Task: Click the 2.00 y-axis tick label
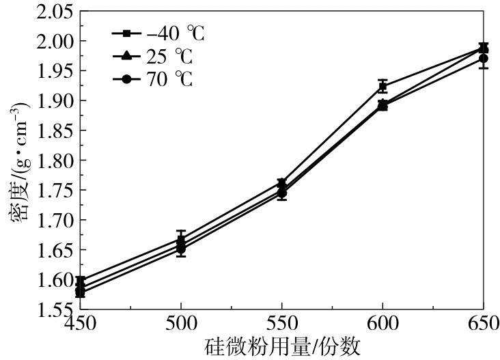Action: pos(53,42)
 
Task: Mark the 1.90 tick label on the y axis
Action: pos(53,101)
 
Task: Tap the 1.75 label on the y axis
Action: pos(53,191)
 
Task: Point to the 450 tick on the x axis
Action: pos(80,323)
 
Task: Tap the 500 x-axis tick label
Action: pos(181,323)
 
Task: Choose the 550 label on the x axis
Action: pos(281,323)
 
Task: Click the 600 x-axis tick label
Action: pos(383,323)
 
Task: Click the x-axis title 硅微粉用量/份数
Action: pos(281,346)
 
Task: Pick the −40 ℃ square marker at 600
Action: pos(383,86)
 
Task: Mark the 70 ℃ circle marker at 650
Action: pos(484,59)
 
